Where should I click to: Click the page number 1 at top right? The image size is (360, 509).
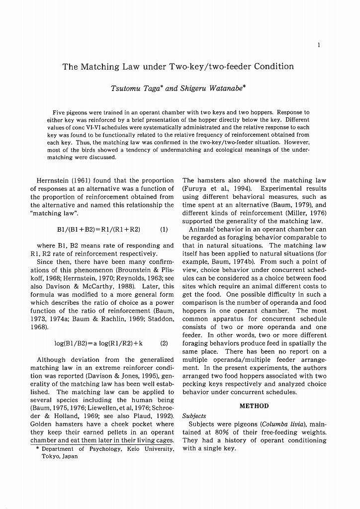(318, 45)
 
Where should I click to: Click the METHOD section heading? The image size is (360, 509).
(254, 406)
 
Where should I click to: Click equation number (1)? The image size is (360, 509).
(164, 229)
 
